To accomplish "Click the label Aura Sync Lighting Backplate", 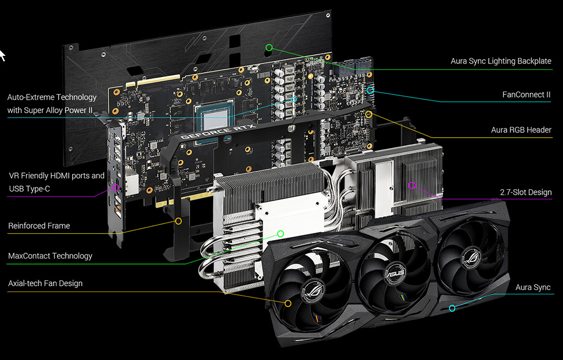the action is [501, 61].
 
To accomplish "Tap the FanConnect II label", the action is [526, 95].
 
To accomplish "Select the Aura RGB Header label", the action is [521, 130].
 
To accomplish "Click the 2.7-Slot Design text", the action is [526, 192].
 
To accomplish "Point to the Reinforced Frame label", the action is [39, 226].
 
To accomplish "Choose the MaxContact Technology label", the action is [50, 256].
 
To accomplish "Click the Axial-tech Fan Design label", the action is [45, 284].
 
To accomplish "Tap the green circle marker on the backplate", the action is [269, 47].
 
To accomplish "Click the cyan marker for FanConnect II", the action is [370, 90].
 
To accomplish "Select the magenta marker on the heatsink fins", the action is [412, 185].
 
